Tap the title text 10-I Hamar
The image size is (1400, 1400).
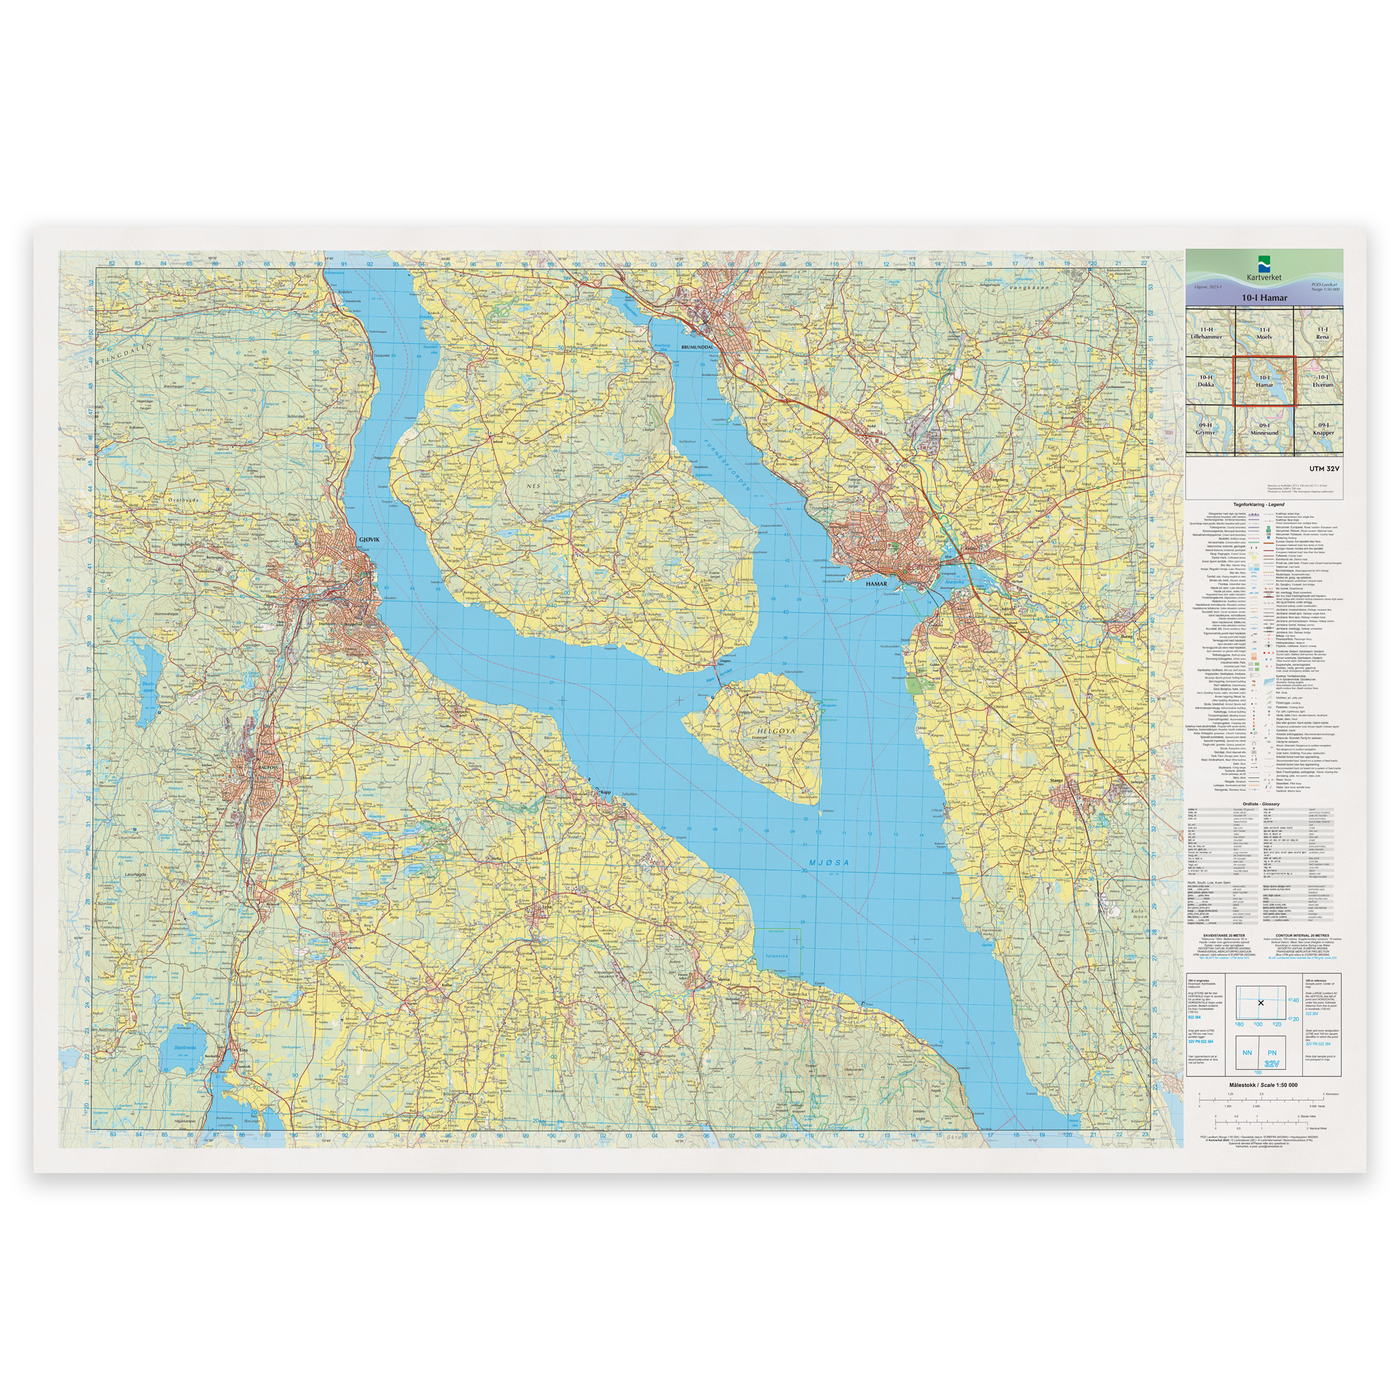point(1264,297)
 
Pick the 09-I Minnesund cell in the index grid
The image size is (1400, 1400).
point(1264,429)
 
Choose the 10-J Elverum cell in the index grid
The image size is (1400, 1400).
point(1323,381)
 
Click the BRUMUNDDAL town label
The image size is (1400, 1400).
point(697,347)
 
